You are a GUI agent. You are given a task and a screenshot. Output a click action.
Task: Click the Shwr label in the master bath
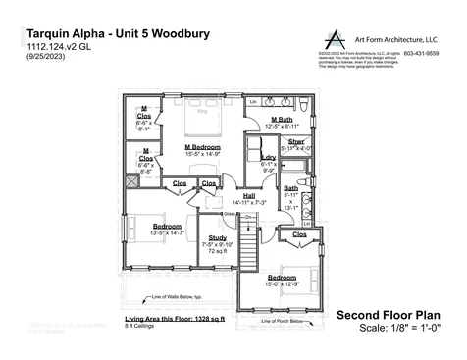click(x=296, y=142)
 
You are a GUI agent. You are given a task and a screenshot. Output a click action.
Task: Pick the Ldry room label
click(x=268, y=157)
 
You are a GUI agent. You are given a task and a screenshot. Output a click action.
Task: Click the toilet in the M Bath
click(x=303, y=103)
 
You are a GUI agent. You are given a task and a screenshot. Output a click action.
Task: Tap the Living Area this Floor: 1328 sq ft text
click(x=175, y=319)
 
